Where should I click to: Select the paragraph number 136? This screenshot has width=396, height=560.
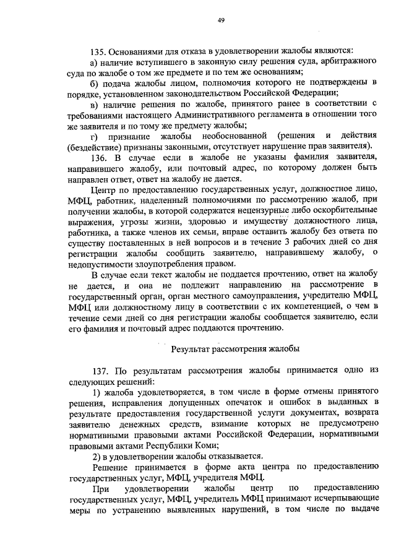(x=99, y=157)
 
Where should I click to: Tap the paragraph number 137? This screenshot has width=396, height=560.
(x=99, y=370)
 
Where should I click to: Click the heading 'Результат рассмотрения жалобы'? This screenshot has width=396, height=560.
(x=231, y=349)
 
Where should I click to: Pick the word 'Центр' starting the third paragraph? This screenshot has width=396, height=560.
(x=103, y=189)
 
